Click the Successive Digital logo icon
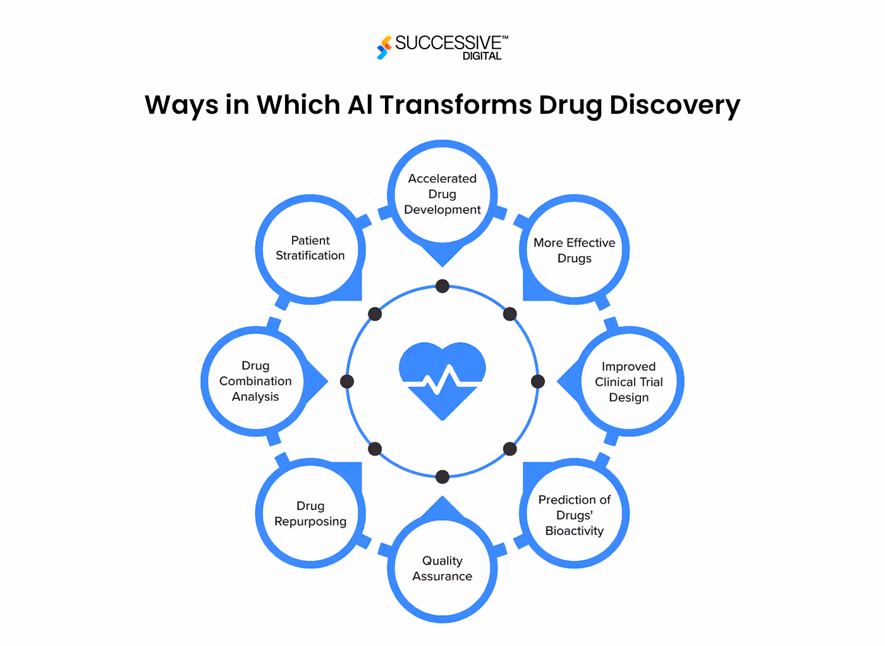coord(384,47)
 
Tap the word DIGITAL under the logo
coord(482,56)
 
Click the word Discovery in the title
coord(674,105)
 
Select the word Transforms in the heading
coord(455,105)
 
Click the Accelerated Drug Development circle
coord(442,194)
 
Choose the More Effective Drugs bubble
coord(574,250)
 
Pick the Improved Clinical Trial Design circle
coord(628,382)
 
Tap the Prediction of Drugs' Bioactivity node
coord(574,515)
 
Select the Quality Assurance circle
coord(442,568)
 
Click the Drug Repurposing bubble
coord(310,513)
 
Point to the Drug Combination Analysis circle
coord(255,381)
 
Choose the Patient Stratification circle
coord(310,248)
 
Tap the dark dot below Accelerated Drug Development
coord(442,286)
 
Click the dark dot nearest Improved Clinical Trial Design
coord(538,381)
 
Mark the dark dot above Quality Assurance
coord(442,477)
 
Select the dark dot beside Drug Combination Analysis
coord(347,381)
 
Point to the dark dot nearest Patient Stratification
coord(375,314)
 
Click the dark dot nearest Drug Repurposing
coord(375,449)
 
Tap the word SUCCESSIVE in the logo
coord(448,43)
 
